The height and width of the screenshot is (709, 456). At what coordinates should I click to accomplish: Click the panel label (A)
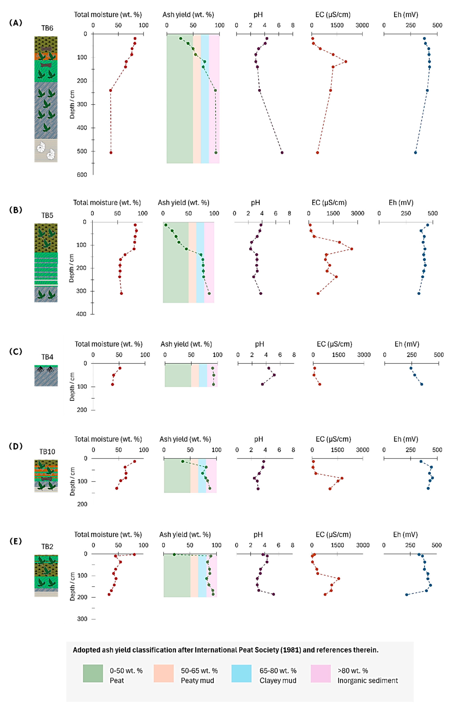[x=16, y=23]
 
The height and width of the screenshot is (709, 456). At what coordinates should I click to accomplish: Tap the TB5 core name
[x=47, y=215]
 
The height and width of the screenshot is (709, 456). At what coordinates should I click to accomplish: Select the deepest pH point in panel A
[x=282, y=153]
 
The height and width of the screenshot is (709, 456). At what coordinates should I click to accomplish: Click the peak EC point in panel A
[x=346, y=61]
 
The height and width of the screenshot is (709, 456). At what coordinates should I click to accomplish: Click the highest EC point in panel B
[x=351, y=249]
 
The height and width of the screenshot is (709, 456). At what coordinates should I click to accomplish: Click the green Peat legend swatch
[x=93, y=673]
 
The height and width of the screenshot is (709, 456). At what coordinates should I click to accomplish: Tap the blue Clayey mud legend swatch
[x=241, y=673]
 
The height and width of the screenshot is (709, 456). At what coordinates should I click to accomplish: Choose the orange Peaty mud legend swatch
[x=163, y=673]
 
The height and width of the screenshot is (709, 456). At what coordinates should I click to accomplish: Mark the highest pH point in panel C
[x=274, y=375]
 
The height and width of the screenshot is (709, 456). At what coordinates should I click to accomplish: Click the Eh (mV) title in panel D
[x=406, y=439]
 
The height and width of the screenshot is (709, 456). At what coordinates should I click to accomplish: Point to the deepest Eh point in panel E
[x=407, y=594]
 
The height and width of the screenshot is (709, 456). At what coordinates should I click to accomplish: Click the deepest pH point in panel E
[x=273, y=594]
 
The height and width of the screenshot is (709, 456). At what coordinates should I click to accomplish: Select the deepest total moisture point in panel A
[x=111, y=153]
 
